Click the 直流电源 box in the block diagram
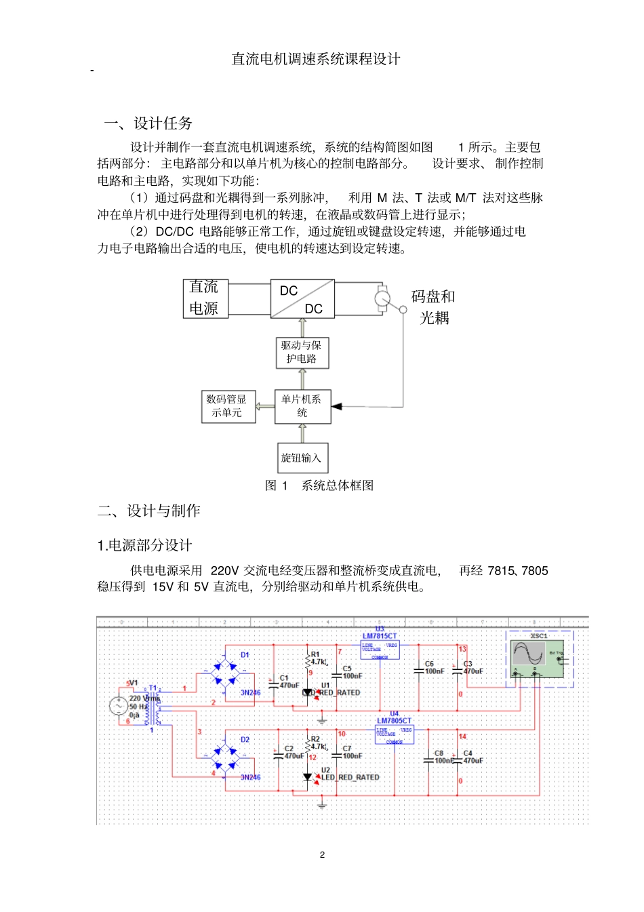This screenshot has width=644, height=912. (x=205, y=298)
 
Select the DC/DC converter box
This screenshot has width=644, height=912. (x=302, y=298)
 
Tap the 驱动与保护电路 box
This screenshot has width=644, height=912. (x=302, y=353)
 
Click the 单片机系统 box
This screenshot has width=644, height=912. (x=302, y=406)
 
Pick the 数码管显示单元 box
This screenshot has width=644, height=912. (x=228, y=406)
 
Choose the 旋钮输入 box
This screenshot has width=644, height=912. (x=302, y=458)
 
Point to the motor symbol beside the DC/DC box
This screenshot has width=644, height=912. (x=383, y=298)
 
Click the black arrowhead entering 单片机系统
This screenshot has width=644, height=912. (x=337, y=406)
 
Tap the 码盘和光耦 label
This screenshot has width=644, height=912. (x=433, y=307)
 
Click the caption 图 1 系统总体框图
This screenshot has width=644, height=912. (x=319, y=485)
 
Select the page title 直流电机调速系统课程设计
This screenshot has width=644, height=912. (x=316, y=59)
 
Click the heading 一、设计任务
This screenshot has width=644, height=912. (x=148, y=123)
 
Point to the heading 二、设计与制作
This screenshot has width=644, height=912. (x=149, y=511)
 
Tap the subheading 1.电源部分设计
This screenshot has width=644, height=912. (x=144, y=545)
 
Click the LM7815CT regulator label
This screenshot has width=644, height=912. (x=380, y=636)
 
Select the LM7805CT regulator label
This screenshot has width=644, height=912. (x=394, y=721)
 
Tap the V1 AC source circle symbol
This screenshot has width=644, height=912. (x=118, y=706)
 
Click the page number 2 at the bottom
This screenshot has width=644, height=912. (x=322, y=854)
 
